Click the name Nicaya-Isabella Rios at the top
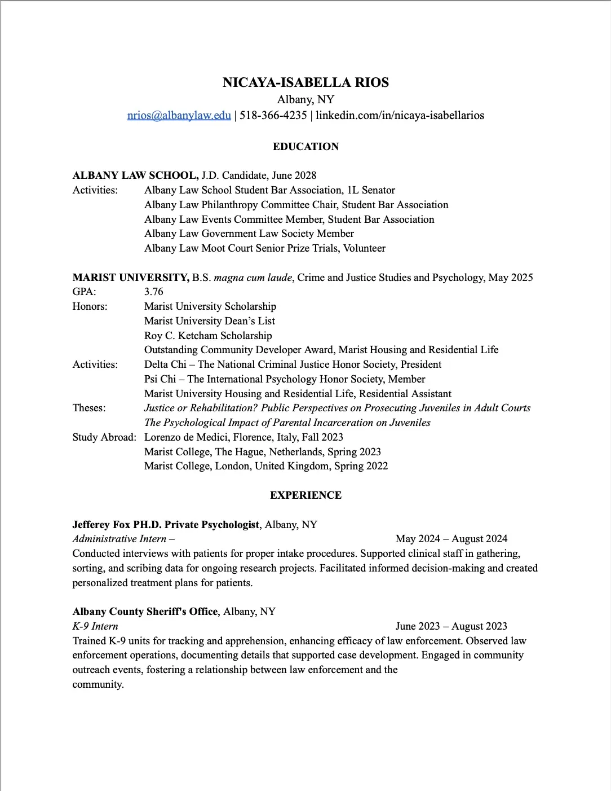(305, 82)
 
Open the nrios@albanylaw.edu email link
(179, 115)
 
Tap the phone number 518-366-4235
(273, 115)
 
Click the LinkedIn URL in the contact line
(400, 115)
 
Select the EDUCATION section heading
(305, 147)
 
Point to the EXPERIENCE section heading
(305, 495)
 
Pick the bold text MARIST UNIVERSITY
(131, 278)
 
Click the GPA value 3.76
(153, 292)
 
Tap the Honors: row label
(90, 306)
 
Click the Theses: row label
(89, 408)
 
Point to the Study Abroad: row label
(104, 437)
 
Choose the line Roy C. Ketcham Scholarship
(208, 336)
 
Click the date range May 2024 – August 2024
(451, 539)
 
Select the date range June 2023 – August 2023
(451, 626)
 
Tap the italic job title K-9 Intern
(95, 626)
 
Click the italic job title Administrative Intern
(119, 539)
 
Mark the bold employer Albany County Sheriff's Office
(145, 612)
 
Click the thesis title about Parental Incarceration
(287, 423)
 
